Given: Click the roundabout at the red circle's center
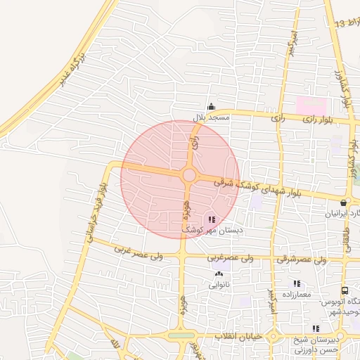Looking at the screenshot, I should coord(188,175).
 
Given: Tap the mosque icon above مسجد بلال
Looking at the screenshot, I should coord(211,107).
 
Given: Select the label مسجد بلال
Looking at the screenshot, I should coord(211,117).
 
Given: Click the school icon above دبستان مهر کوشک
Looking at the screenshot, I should coord(213,219).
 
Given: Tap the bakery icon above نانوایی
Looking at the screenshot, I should coord(218,275).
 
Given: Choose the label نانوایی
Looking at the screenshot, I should coord(218,285).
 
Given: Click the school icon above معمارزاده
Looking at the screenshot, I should coord(297,283).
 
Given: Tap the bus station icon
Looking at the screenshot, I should coord(345,290).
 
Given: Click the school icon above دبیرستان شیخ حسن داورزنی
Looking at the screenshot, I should coord(316,328).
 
